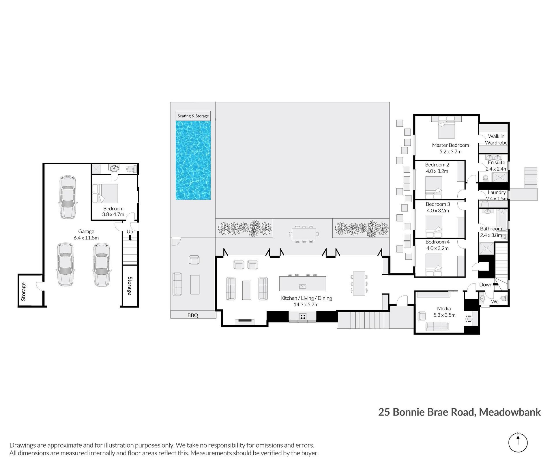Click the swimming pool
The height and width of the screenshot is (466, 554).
(193, 160)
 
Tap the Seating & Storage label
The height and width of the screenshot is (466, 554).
(193, 116)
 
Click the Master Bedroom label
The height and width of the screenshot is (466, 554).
(450, 145)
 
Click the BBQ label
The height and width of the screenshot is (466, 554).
(193, 315)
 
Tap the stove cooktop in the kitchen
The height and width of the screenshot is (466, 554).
(302, 317)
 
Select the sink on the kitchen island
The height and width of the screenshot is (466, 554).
(302, 286)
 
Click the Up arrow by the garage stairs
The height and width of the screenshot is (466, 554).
(130, 238)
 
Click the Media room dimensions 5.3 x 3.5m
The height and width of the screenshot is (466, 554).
(444, 315)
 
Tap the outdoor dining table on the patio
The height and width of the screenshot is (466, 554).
(304, 234)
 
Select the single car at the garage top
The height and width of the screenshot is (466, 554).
(68, 197)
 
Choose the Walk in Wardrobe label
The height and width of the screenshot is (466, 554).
(496, 139)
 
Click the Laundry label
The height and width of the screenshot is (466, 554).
(497, 192)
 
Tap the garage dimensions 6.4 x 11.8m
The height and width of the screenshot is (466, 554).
(86, 238)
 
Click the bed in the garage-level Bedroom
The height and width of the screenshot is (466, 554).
(105, 193)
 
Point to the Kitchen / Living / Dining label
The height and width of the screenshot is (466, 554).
(306, 298)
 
